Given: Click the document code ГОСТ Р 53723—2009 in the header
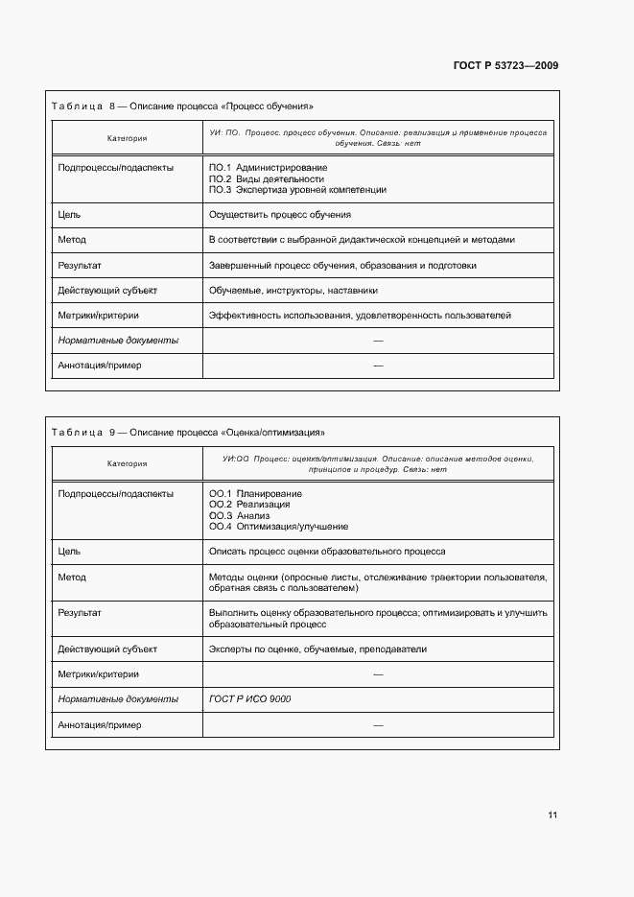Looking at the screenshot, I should [x=505, y=66].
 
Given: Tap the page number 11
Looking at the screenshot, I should [x=552, y=815].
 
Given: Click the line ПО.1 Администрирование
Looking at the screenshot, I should [x=268, y=168].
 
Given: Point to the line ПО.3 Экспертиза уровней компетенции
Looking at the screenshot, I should [x=297, y=190].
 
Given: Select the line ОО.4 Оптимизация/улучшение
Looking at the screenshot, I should [x=278, y=527].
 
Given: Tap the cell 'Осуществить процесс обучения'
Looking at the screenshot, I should [x=279, y=215].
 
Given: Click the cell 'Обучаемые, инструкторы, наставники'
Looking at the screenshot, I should [x=293, y=291].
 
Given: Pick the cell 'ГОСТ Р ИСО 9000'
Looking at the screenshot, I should [x=249, y=699].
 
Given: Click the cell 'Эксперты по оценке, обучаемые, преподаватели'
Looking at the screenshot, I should [x=317, y=649].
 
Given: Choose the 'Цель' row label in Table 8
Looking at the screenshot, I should [x=69, y=215].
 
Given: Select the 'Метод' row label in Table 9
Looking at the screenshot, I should [x=72, y=578].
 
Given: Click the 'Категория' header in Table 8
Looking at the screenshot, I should [x=127, y=138].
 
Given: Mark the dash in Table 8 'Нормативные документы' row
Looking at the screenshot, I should [x=378, y=341].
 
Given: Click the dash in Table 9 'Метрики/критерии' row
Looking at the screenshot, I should [x=378, y=674].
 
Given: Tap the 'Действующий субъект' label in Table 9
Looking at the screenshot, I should [x=107, y=649].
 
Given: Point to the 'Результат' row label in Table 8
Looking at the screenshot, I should [x=80, y=266].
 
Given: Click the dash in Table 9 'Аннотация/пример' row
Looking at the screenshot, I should [x=378, y=725].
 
